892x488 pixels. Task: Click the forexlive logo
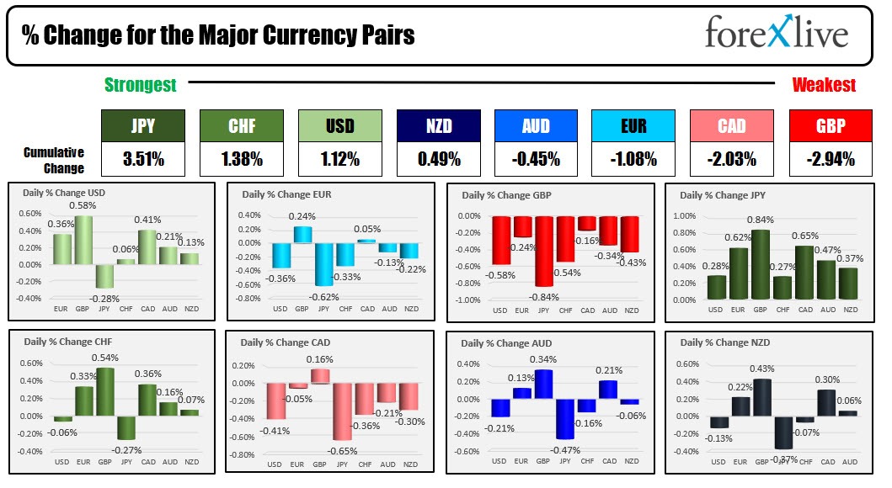tap(776, 35)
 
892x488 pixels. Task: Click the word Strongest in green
tap(140, 85)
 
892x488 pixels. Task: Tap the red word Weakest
tap(824, 85)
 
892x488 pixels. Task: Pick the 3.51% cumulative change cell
tap(143, 159)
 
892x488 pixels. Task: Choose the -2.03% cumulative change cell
tap(732, 159)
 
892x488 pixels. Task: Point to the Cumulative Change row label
tap(54, 160)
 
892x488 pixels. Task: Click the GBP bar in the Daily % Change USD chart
tap(83, 241)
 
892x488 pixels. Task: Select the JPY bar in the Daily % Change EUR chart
tap(323, 264)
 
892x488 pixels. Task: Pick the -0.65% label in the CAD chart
tap(342, 451)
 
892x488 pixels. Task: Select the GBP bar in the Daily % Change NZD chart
tap(762, 404)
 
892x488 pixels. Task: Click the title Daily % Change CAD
tap(286, 342)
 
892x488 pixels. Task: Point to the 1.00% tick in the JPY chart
tap(687, 216)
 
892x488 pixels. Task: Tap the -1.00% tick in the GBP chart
tap(467, 300)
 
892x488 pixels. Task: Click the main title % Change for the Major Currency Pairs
tap(218, 36)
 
